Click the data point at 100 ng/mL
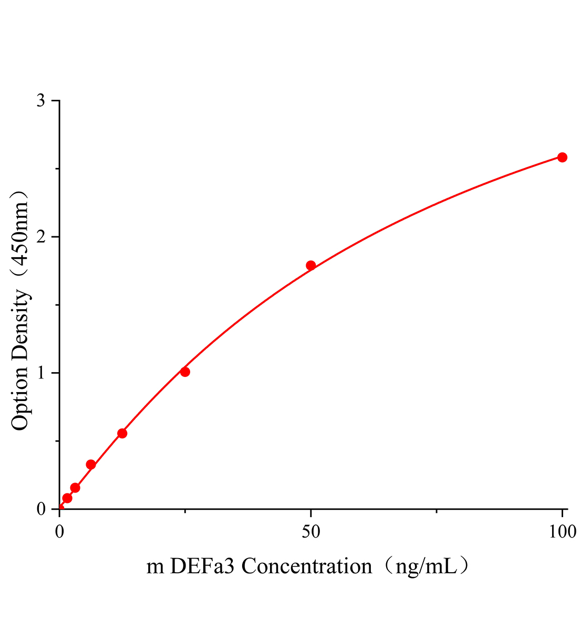(562, 157)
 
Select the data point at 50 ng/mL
(310, 266)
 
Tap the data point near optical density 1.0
(185, 372)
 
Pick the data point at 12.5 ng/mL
(122, 433)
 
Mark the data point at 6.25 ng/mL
(91, 465)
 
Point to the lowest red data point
(67, 498)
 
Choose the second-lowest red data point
(75, 488)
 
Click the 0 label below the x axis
(59, 532)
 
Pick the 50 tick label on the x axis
(311, 532)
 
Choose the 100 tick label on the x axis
(562, 532)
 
